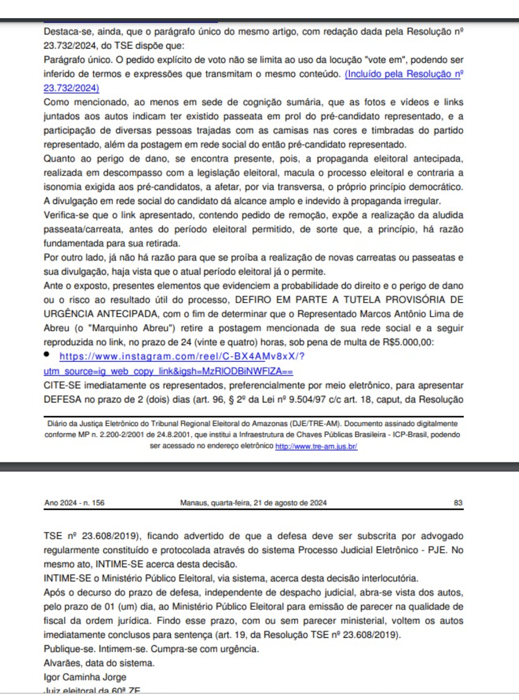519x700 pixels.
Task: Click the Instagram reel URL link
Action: pyautogui.click(x=182, y=356)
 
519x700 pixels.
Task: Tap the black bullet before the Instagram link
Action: pyautogui.click(x=47, y=354)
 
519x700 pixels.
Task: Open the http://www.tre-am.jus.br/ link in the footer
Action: pyautogui.click(x=316, y=447)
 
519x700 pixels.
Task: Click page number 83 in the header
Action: pyautogui.click(x=458, y=503)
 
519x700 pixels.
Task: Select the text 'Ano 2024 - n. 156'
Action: pyautogui.click(x=74, y=503)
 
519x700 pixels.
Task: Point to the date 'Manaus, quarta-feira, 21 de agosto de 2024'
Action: pyautogui.click(x=253, y=503)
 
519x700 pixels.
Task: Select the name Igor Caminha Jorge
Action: pyautogui.click(x=85, y=677)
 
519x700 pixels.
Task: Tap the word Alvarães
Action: pyautogui.click(x=62, y=663)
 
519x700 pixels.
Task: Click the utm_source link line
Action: pyautogui.click(x=168, y=371)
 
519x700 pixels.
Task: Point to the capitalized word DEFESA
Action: pyautogui.click(x=62, y=400)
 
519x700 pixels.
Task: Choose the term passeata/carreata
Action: pyautogui.click(x=83, y=229)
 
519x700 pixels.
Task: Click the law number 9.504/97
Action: pyautogui.click(x=307, y=400)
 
